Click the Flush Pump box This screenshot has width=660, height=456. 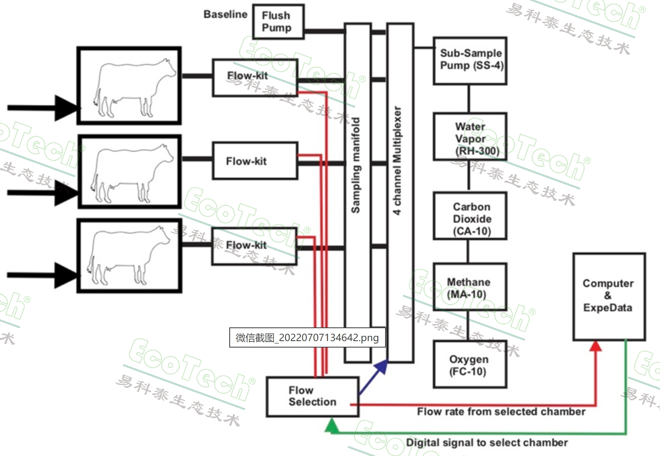(x=278, y=22)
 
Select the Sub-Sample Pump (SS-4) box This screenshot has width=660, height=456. (x=470, y=60)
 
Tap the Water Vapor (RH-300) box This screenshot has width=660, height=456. (x=470, y=137)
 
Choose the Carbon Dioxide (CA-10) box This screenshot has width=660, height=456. (x=470, y=217)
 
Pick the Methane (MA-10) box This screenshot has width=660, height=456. (x=469, y=287)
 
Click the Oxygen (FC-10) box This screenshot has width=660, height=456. (x=469, y=364)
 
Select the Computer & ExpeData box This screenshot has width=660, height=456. (x=609, y=296)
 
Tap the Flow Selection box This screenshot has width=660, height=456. (x=312, y=396)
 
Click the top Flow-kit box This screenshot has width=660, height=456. (x=255, y=78)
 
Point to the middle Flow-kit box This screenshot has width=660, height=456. (x=255, y=161)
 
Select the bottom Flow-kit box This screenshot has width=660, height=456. (x=254, y=246)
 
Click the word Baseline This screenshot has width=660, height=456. (x=225, y=15)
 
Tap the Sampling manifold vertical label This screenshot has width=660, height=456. (x=356, y=165)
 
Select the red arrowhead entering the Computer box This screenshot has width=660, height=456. (x=596, y=346)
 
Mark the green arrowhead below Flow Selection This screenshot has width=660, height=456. (x=332, y=425)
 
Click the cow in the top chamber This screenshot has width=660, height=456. (x=133, y=87)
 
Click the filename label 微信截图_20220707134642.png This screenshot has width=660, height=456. (x=307, y=337)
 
